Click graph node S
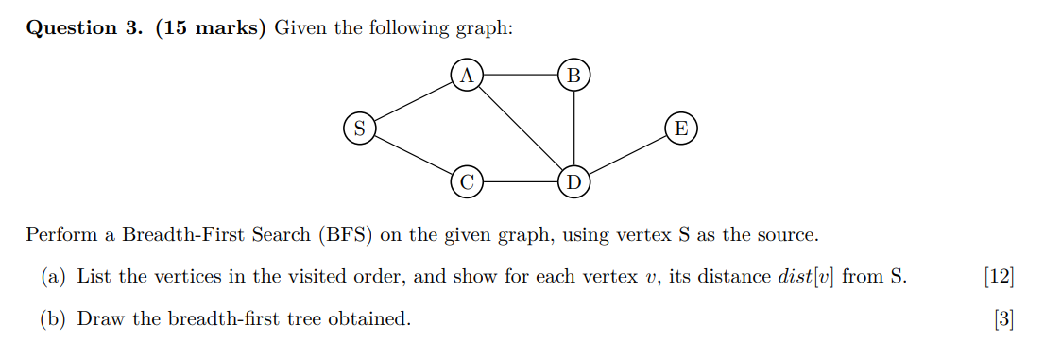click(x=359, y=128)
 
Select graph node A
click(x=466, y=74)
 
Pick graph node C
click(x=466, y=180)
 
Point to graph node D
click(x=574, y=180)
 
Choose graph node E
click(x=681, y=128)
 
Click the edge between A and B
click(x=521, y=74)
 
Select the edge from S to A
click(x=413, y=100)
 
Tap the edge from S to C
click(x=413, y=154)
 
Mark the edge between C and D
click(x=521, y=180)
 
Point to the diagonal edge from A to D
click(x=521, y=128)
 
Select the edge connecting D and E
click(x=628, y=154)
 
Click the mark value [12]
click(x=999, y=277)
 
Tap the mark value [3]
click(x=1004, y=319)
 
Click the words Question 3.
click(x=84, y=27)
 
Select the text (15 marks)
click(x=208, y=27)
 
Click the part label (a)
click(x=53, y=277)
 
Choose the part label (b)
click(x=54, y=319)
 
